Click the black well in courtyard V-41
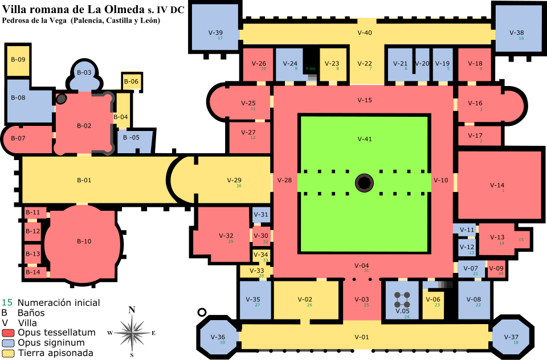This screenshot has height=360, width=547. point(364,183)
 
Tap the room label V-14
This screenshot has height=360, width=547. point(497,185)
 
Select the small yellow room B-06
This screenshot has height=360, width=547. point(130,81)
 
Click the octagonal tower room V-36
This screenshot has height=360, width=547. point(217,337)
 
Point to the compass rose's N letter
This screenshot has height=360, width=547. point(132,310)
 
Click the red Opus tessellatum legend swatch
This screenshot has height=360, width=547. point(7,332)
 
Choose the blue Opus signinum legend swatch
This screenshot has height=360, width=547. point(7,343)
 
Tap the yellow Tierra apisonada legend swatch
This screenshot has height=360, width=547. point(7,353)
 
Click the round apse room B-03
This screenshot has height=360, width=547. point(84,73)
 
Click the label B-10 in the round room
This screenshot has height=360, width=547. point(84,241)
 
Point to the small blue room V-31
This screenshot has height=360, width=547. point(261,215)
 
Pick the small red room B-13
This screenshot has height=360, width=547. point(32,253)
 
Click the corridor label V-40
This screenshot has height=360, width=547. point(364,32)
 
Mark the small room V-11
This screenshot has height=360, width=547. point(467,230)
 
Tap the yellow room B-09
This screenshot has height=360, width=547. point(18,60)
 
